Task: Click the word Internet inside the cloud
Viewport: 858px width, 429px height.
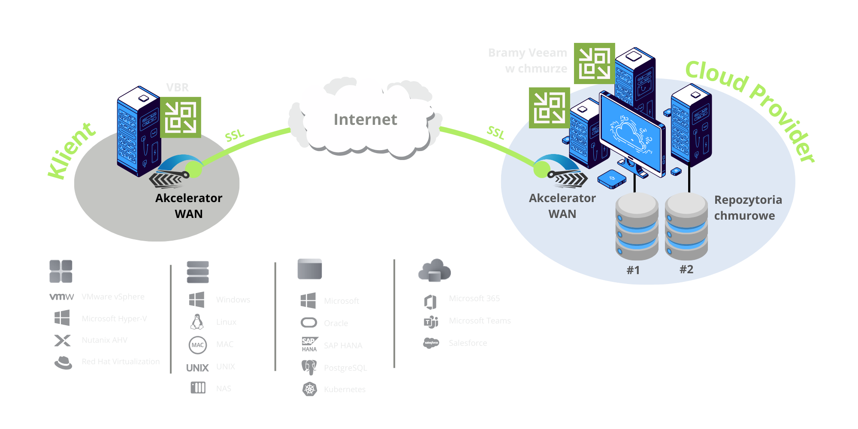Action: click(365, 119)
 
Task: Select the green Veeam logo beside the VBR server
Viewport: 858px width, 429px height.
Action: click(181, 117)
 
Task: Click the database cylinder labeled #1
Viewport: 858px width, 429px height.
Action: click(637, 226)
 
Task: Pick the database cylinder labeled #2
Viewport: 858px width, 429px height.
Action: click(686, 226)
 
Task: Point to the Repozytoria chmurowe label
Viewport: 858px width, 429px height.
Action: click(747, 208)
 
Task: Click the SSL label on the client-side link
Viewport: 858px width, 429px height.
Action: click(235, 136)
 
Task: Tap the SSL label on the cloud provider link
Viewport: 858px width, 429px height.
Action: click(495, 133)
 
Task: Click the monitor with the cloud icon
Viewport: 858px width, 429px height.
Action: click(631, 133)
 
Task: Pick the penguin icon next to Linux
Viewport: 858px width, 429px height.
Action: click(197, 322)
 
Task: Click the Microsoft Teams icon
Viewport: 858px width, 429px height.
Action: click(431, 321)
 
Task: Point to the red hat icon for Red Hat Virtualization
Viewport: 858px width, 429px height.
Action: click(63, 362)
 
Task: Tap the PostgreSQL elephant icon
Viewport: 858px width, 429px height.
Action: click(309, 367)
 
